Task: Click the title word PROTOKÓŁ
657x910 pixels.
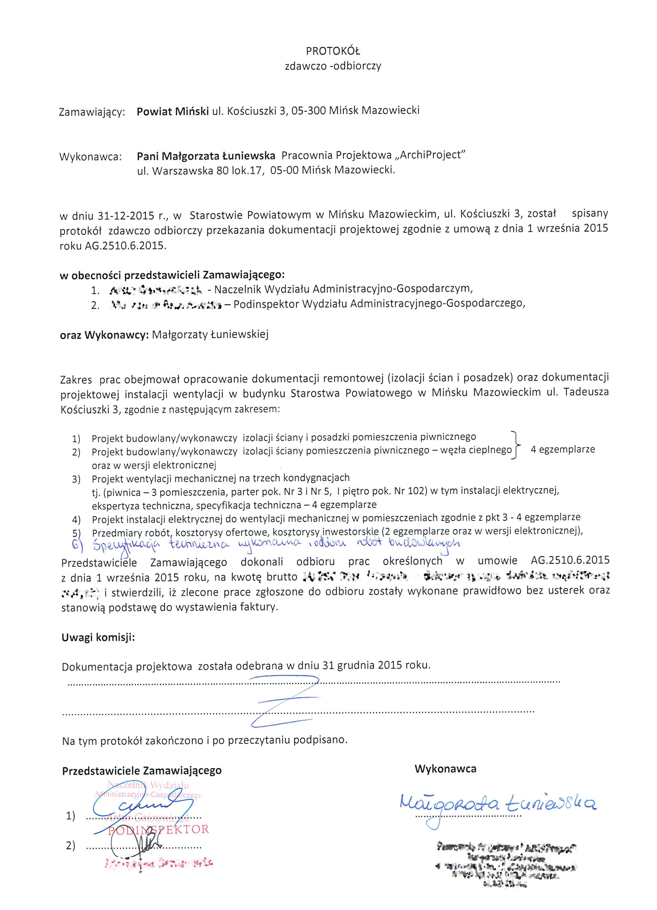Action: click(333, 51)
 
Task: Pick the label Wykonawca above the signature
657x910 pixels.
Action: click(445, 769)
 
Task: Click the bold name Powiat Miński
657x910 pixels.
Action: click(172, 111)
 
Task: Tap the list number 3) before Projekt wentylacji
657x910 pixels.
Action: click(76, 479)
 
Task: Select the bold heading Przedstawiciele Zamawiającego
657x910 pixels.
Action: click(141, 770)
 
